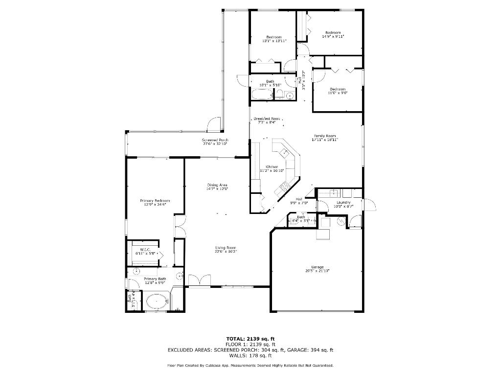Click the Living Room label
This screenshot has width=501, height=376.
pos(226,248)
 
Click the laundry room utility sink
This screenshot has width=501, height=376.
pos(335,192)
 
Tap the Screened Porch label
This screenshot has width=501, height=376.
pos(215,140)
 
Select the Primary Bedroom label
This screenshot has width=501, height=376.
pos(155,201)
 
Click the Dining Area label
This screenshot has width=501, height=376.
pos(217,185)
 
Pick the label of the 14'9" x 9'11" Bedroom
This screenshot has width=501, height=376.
pos(333,33)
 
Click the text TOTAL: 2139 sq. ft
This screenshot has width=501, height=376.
pos(250,338)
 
